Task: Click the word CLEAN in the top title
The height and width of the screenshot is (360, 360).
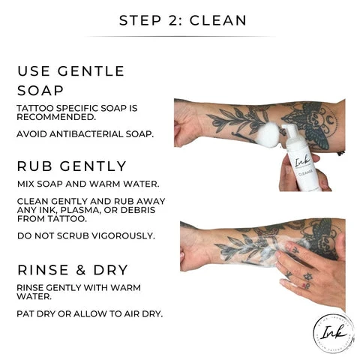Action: pyautogui.click(x=218, y=20)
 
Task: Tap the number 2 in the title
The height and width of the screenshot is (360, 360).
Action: pyautogui.click(x=173, y=20)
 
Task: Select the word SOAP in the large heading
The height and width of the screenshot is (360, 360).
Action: pyautogui.click(x=40, y=90)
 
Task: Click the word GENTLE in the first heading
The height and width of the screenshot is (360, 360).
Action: pyautogui.click(x=91, y=71)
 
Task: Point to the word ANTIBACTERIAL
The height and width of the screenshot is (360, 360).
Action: pyautogui.click(x=86, y=134)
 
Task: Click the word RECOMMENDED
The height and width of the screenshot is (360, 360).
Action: pyautogui.click(x=56, y=117)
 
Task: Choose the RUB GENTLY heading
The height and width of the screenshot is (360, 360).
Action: pyautogui.click(x=72, y=166)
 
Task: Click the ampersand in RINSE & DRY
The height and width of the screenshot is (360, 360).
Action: pyautogui.click(x=80, y=270)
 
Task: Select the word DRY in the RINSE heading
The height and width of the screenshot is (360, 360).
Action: pyautogui.click(x=111, y=270)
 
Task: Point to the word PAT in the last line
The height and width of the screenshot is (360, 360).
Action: pyautogui.click(x=25, y=313)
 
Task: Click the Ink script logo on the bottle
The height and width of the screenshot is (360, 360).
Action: pyautogui.click(x=303, y=161)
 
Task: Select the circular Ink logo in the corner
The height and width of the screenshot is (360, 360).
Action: pyautogui.click(x=334, y=333)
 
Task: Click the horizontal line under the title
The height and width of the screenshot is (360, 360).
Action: pyautogui.click(x=181, y=37)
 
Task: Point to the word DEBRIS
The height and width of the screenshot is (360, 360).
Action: pyautogui.click(x=138, y=210)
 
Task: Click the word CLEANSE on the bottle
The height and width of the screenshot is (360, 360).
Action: pyautogui.click(x=305, y=172)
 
